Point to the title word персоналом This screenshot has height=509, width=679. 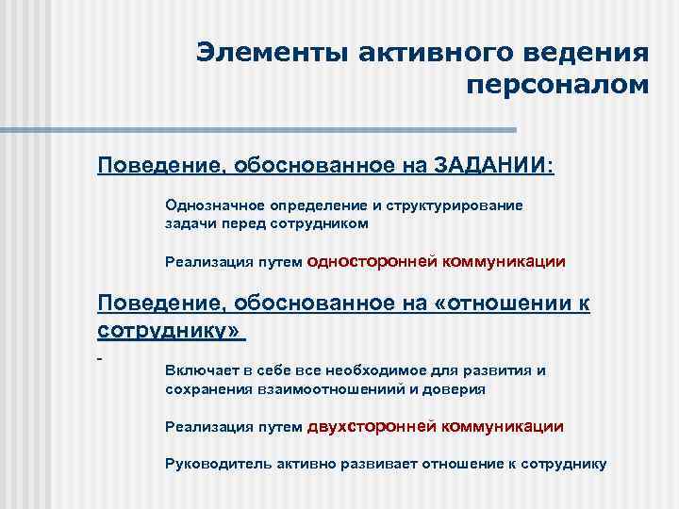click(557, 86)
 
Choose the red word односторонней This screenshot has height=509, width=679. click(372, 261)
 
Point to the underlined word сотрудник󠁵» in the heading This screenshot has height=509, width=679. click(170, 332)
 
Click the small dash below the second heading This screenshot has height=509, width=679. click(99, 359)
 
